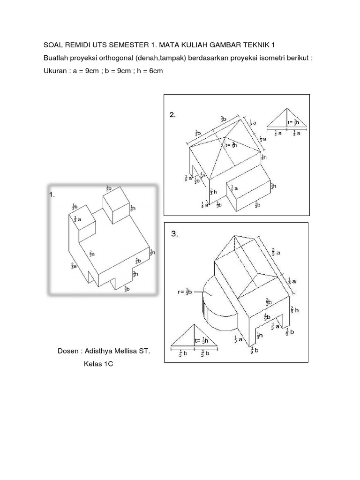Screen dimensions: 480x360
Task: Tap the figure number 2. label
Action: [172, 115]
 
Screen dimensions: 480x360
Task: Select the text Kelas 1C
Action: [96, 364]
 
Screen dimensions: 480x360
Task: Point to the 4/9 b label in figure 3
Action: [266, 317]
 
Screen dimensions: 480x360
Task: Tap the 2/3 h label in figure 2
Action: [212, 191]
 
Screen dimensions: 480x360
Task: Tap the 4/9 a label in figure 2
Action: [202, 175]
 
